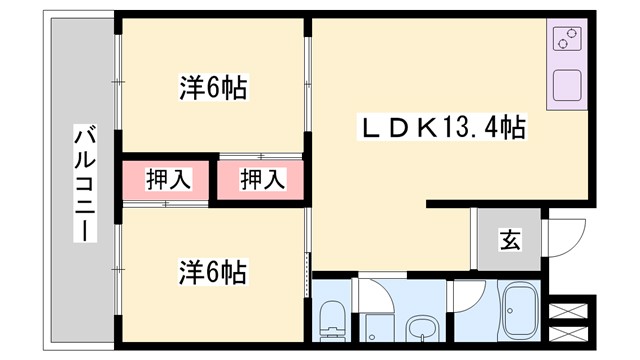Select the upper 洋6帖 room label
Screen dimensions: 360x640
[x=213, y=88]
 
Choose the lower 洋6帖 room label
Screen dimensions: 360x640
[x=213, y=271]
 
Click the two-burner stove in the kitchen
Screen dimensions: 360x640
[x=567, y=41]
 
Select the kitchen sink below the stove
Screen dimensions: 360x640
[x=567, y=84]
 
